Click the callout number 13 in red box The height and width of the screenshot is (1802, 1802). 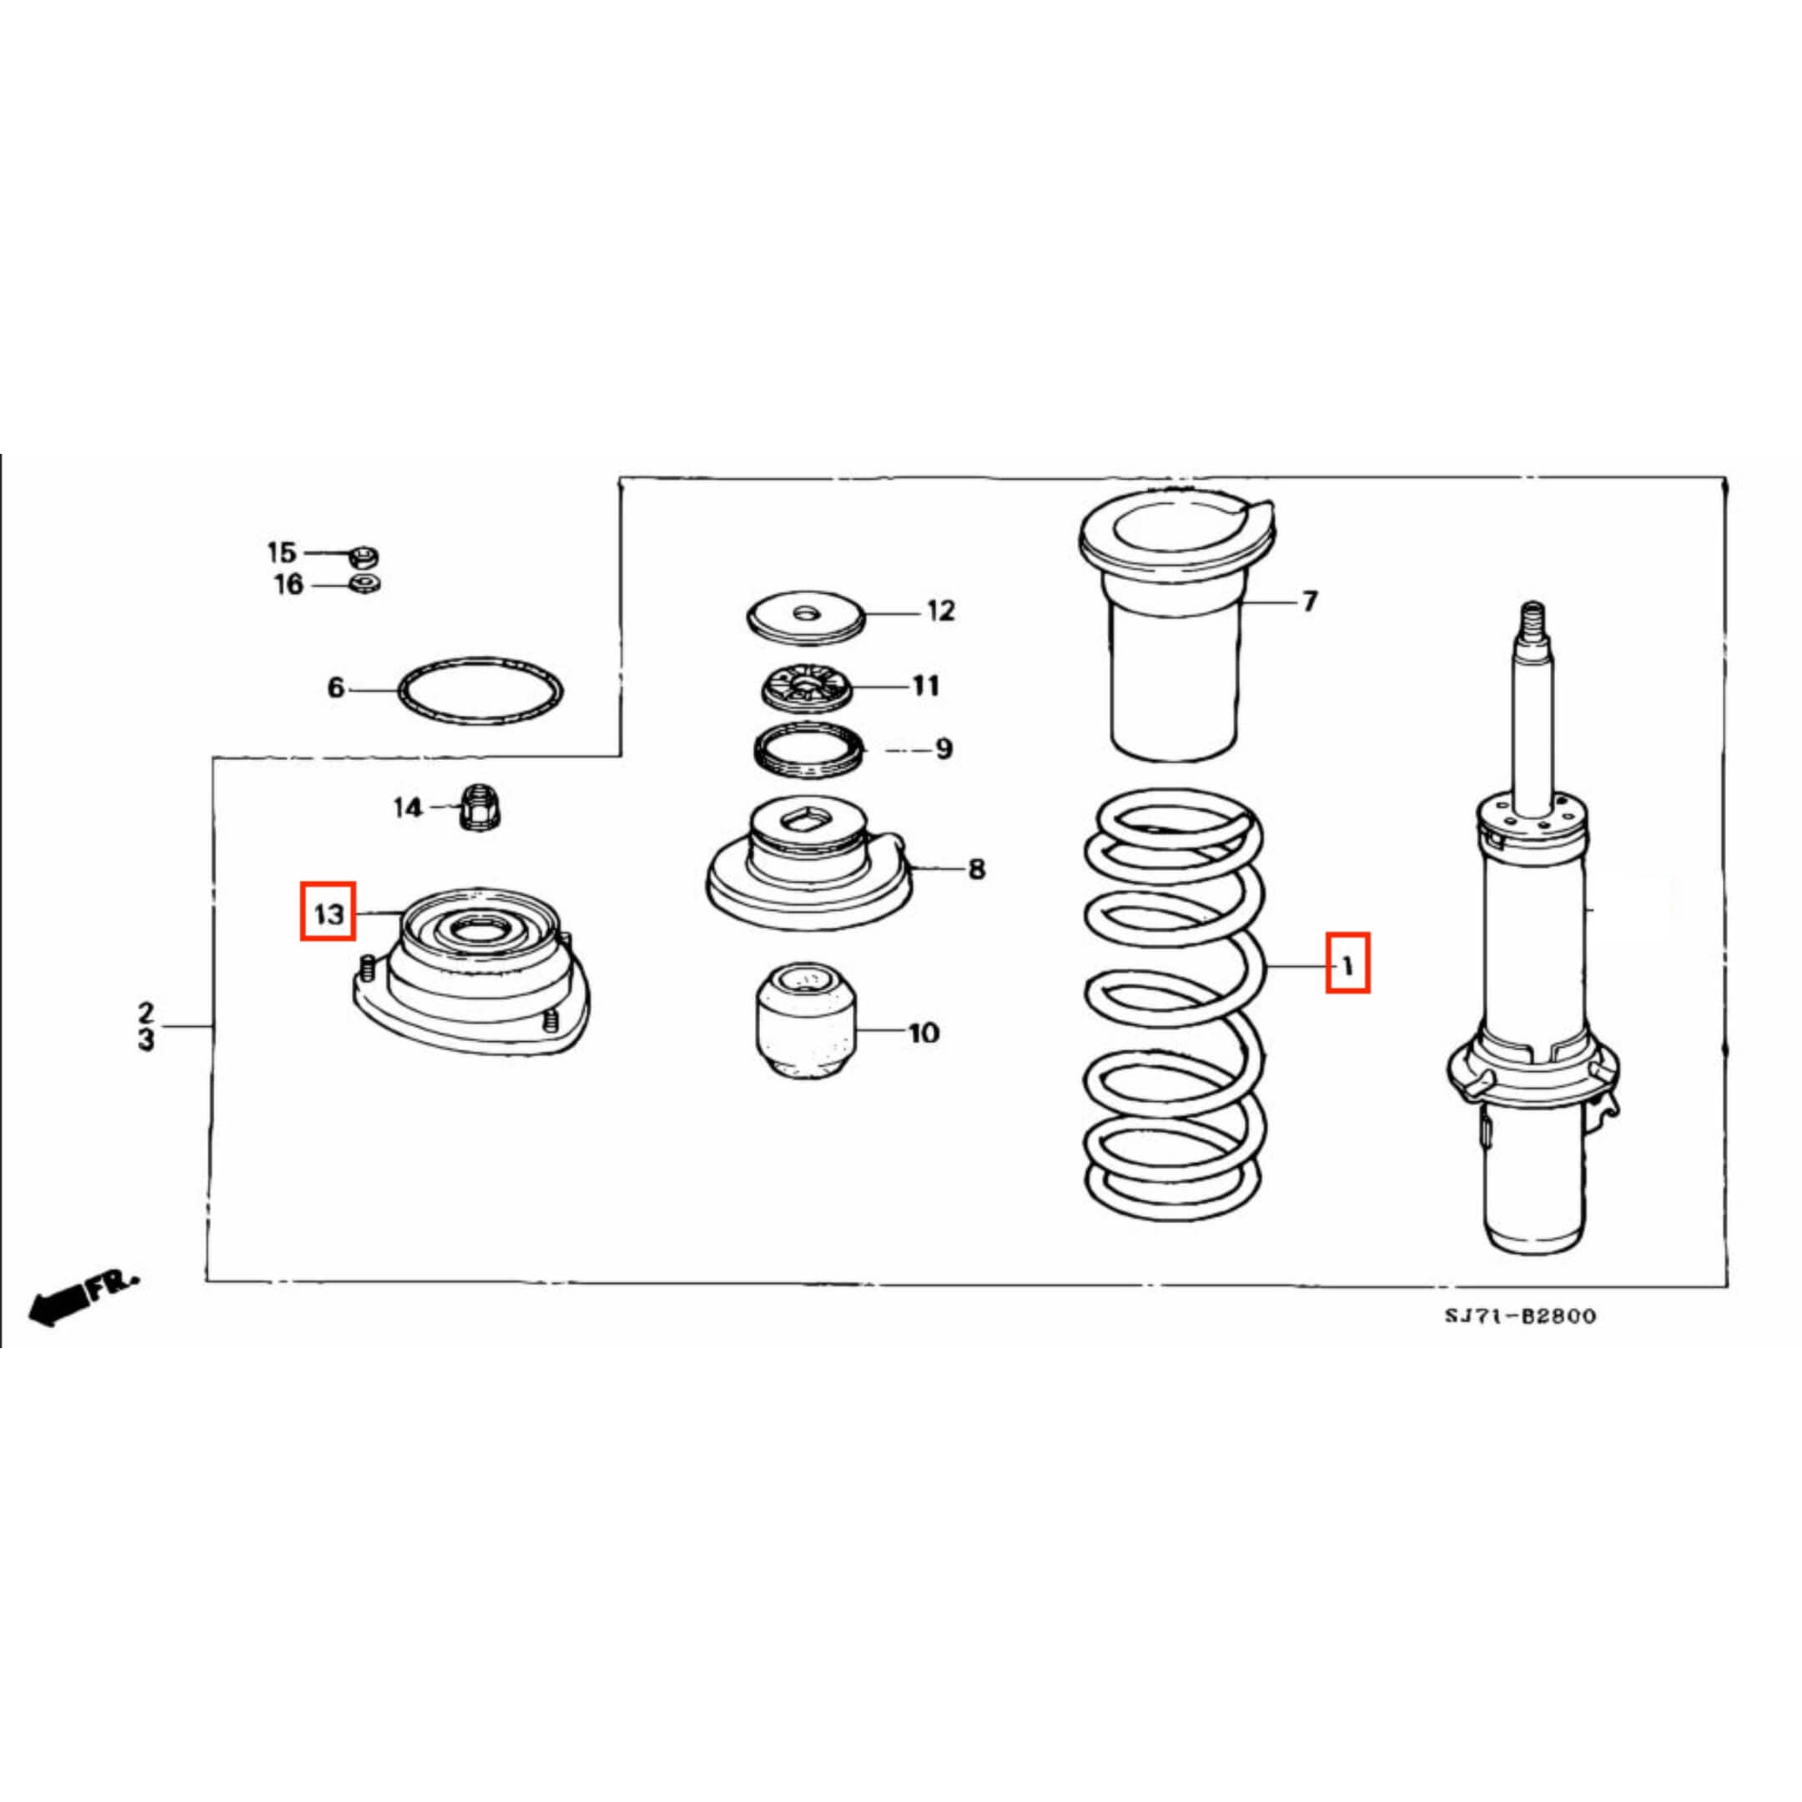coord(329,914)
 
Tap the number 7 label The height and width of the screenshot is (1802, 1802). coord(1310,602)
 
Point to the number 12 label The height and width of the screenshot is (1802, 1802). coord(941,611)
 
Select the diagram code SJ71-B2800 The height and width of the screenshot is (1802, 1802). coord(1520,1316)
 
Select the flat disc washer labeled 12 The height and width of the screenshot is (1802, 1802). coord(808,617)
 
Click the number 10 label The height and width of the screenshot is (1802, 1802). coord(924,1034)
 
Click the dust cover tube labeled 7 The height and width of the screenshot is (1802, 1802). coord(1175,672)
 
